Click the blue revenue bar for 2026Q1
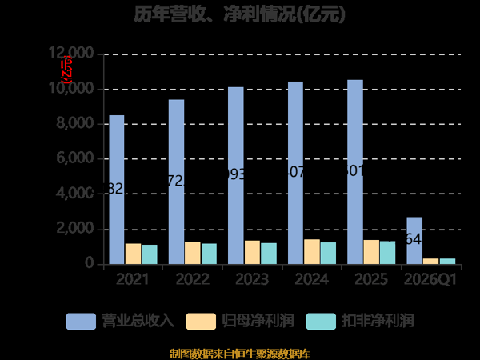(414, 240)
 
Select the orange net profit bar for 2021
(133, 254)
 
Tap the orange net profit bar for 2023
(252, 252)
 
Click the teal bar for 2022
(209, 254)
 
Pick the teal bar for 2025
(387, 252)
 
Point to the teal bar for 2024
(328, 253)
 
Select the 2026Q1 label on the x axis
(430, 280)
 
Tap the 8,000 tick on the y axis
(76, 124)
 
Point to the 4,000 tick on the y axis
(76, 194)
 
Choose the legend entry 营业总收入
(120, 321)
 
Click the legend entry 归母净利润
(240, 321)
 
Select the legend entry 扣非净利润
(360, 321)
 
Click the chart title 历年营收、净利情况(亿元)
(240, 15)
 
